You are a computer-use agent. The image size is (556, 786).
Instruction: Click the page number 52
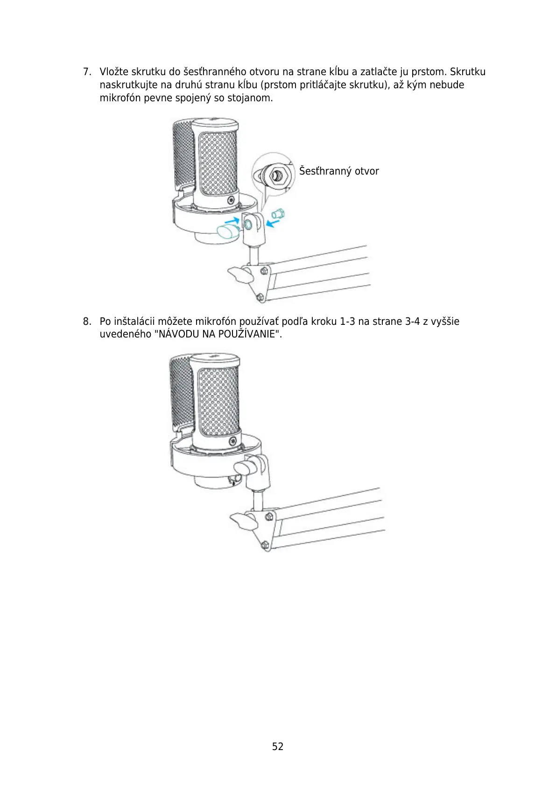[x=278, y=746]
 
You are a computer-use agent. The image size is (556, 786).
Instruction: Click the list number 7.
[x=86, y=72]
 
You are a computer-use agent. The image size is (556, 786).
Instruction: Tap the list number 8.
[x=86, y=322]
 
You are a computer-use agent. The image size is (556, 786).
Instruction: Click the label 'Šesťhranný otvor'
[x=339, y=171]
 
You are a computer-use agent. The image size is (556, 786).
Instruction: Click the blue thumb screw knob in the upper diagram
[x=228, y=231]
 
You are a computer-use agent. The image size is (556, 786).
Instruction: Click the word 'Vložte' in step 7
[x=114, y=72]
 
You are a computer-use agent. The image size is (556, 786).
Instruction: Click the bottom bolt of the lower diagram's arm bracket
[x=265, y=545]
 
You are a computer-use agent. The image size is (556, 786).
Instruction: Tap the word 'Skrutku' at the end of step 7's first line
[x=468, y=72]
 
